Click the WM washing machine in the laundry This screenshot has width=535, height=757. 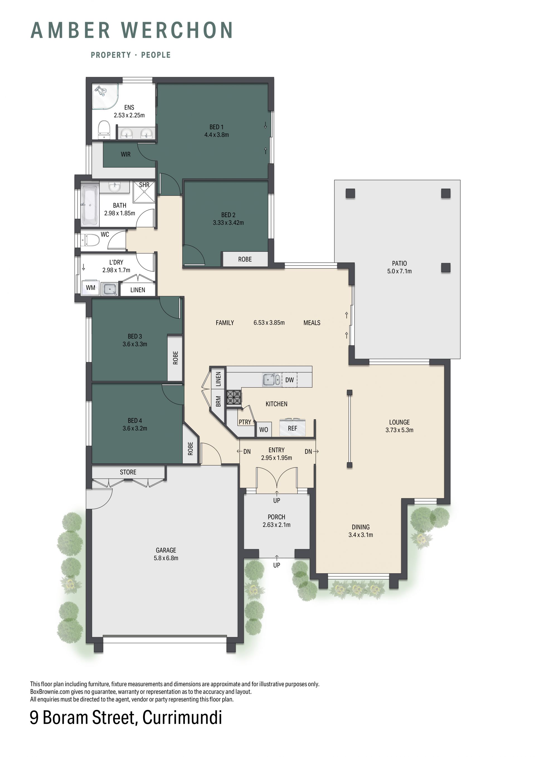pos(90,288)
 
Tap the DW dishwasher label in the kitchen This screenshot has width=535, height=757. pos(290,380)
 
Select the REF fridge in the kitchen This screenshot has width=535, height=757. pos(293,428)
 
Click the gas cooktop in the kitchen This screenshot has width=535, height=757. pos(234,397)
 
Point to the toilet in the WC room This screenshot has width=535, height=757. pos(90,240)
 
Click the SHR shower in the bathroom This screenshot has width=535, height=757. pos(144,192)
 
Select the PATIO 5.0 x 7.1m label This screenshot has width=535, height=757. pos(399,267)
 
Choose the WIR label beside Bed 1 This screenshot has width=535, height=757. pos(125,154)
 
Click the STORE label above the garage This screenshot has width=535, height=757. pos(128,472)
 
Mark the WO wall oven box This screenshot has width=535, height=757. pos(264,430)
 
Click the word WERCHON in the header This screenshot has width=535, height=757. pos(177,30)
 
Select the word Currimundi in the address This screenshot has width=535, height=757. pos(183,717)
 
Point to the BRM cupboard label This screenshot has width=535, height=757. pos(218,401)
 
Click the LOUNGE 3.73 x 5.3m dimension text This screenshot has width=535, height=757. pos(399,430)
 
